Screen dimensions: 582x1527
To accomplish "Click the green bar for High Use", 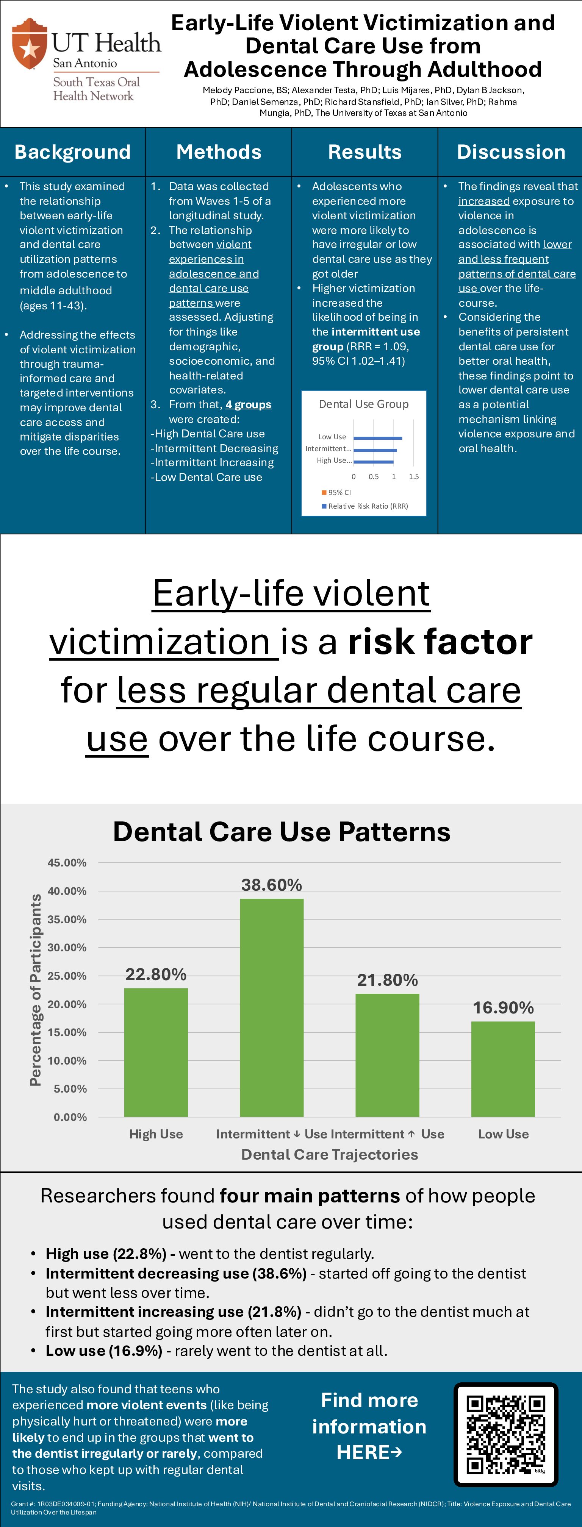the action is [156, 1052].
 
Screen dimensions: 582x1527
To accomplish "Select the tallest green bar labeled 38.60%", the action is [272, 1008].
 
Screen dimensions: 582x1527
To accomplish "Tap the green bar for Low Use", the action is [503, 1069].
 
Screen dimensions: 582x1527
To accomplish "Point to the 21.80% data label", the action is [387, 980].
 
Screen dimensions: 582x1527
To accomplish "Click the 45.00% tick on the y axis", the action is [67, 862].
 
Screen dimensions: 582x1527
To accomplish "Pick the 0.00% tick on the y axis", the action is [70, 1117].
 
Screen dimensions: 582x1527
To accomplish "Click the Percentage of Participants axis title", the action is [36, 990].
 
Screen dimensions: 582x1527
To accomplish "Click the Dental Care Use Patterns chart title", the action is [282, 832].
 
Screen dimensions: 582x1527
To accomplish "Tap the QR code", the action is [506, 1435].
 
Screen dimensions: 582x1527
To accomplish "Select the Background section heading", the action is [72, 152].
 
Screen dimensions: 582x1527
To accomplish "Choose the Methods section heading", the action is [219, 152].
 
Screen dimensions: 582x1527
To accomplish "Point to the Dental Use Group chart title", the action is [364, 404].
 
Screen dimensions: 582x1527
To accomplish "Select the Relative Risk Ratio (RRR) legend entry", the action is [365, 506].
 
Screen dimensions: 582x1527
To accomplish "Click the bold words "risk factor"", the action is [440, 642].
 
